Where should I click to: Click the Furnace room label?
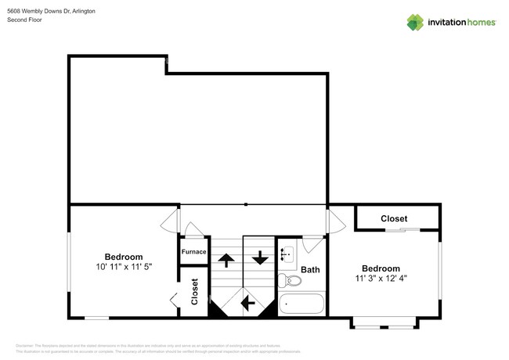[x=193, y=251]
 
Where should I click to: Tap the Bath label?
[x=311, y=270]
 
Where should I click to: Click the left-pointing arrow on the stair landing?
[x=248, y=302]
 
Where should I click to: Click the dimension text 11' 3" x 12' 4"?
[x=381, y=278]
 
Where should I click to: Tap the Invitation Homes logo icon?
[x=415, y=22]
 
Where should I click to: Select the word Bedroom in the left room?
[x=124, y=257]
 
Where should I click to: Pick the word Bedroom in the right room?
[x=381, y=268]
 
